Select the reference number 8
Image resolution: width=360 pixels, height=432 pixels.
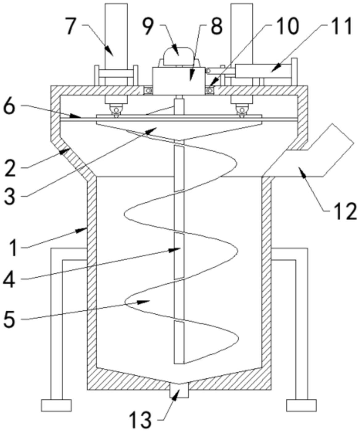216,26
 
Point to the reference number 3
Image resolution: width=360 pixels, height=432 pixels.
10,197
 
